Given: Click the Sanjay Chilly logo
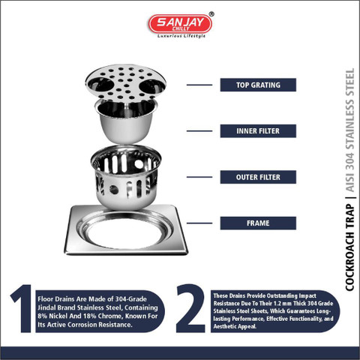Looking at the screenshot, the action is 180,24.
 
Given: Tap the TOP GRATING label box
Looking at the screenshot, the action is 258,85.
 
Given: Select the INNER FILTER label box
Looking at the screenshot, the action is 258,131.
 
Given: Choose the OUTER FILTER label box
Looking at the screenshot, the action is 258,177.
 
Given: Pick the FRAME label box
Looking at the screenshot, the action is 258,223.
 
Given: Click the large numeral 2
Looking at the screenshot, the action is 190,308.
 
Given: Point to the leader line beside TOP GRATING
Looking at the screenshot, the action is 199,85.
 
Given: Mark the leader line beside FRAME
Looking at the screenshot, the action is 199,223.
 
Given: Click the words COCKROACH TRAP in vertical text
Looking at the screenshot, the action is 349,247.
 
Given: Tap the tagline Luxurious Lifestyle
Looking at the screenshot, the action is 181,36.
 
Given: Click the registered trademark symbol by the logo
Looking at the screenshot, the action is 211,14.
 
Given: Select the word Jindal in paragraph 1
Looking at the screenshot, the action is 46,307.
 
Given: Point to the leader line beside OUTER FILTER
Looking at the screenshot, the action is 199,177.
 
